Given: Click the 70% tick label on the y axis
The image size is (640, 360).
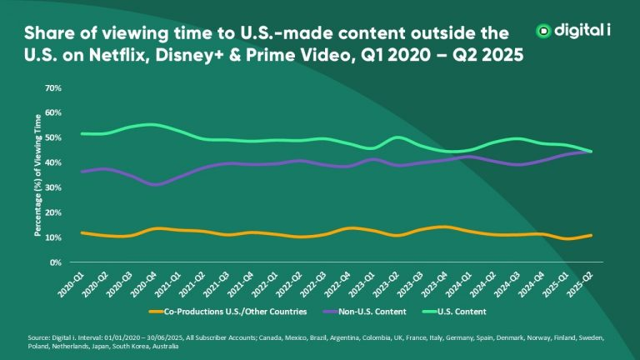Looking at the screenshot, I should click(53, 87).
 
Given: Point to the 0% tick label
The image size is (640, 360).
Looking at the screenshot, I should click(56, 262).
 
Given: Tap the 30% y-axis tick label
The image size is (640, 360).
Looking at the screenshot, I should click(53, 187).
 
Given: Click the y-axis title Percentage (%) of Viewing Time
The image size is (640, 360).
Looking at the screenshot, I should click(37, 175).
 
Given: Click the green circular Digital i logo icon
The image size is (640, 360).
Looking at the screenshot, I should click(544, 31).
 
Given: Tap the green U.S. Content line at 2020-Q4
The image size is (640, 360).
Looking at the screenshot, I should click(149, 125).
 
